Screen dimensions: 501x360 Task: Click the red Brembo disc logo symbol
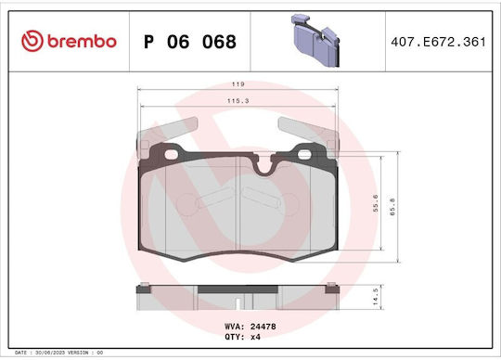(32, 41)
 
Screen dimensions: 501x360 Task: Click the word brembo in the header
(82, 42)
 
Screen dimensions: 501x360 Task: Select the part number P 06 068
(190, 42)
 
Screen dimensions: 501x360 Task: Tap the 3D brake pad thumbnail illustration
(315, 41)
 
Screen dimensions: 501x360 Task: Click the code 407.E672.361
(438, 42)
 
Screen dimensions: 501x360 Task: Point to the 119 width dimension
(238, 84)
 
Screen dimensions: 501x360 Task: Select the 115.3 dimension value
(238, 101)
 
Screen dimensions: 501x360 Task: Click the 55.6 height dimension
(376, 203)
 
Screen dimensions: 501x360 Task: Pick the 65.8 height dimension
(392, 207)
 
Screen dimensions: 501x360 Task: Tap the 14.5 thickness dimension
(376, 297)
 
